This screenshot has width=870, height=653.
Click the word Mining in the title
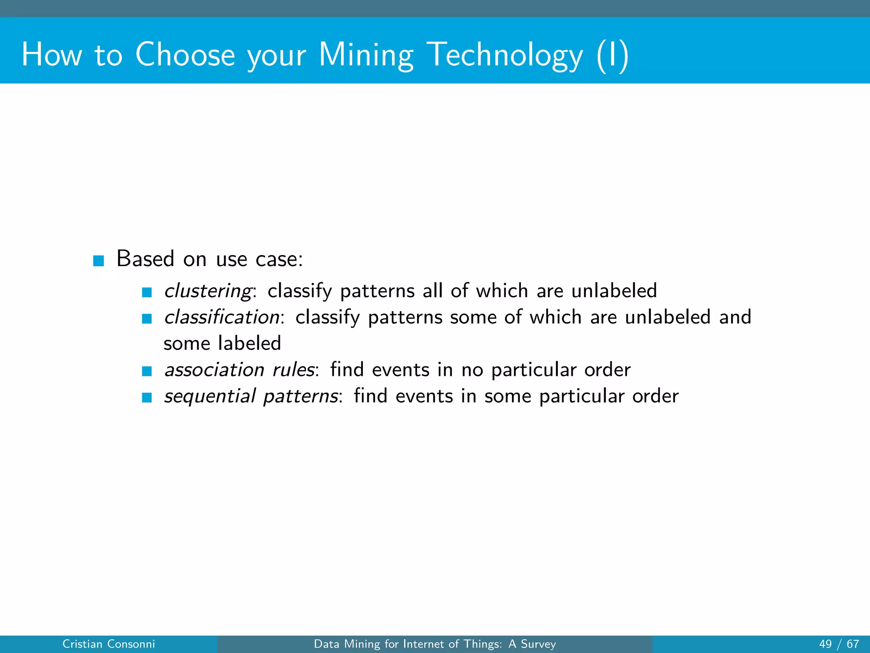366,55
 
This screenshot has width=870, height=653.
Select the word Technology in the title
505,55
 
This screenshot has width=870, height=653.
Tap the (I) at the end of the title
612,55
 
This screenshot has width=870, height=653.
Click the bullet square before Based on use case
99,261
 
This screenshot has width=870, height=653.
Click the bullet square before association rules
147,371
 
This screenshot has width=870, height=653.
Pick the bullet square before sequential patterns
147,397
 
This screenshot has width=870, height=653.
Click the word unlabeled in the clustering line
614,291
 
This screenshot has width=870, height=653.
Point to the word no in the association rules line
472,370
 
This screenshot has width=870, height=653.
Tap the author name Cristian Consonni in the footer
109,644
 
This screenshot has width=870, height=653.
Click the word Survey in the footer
538,644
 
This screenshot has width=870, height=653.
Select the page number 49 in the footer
825,644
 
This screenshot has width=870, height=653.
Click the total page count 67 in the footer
853,644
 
